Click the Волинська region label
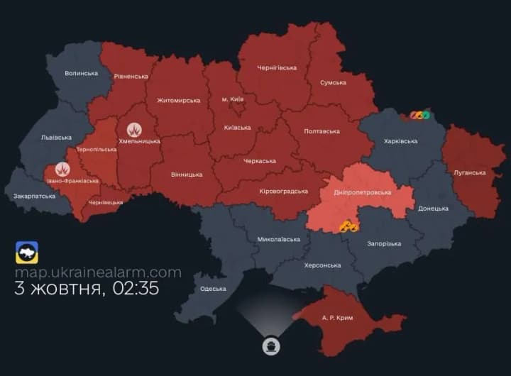click(81, 73)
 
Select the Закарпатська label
click(34, 195)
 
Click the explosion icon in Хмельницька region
click(134, 129)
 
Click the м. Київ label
click(232, 99)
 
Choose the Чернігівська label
click(277, 68)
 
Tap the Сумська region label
click(332, 82)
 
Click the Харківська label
click(401, 141)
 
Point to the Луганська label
click(469, 172)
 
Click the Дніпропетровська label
click(362, 192)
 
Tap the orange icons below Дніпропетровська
click(348, 226)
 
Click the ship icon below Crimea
click(271, 346)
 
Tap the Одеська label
click(213, 289)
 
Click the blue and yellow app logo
click(27, 253)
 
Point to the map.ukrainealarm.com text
click(98, 272)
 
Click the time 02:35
click(139, 289)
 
